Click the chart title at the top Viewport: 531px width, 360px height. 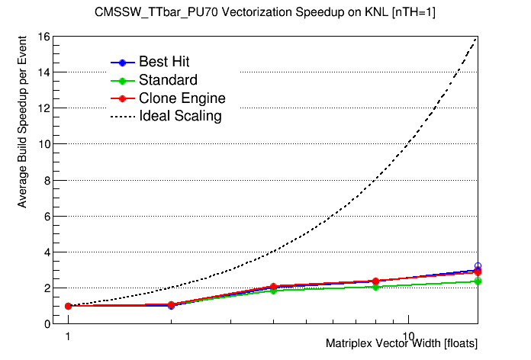(x=265, y=12)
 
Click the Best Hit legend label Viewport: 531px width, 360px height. (x=164, y=62)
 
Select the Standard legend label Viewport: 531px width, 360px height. (x=168, y=80)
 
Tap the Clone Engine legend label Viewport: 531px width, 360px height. (x=182, y=98)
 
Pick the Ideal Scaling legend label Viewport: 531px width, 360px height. (x=180, y=117)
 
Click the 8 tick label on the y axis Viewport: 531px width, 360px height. (x=47, y=180)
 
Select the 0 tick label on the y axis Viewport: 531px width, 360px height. (x=47, y=324)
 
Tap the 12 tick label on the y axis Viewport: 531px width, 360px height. (x=45, y=108)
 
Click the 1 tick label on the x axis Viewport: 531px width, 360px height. (x=68, y=336)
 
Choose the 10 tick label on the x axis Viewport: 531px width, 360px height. (x=409, y=336)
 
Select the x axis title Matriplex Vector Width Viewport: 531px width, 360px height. (x=401, y=344)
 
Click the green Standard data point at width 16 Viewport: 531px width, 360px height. (x=478, y=281)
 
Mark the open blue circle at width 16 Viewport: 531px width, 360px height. (x=478, y=266)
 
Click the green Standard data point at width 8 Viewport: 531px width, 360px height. (x=375, y=287)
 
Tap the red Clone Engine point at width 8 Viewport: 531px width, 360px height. (x=375, y=281)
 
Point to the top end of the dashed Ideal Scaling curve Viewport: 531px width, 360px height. (x=478, y=37)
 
